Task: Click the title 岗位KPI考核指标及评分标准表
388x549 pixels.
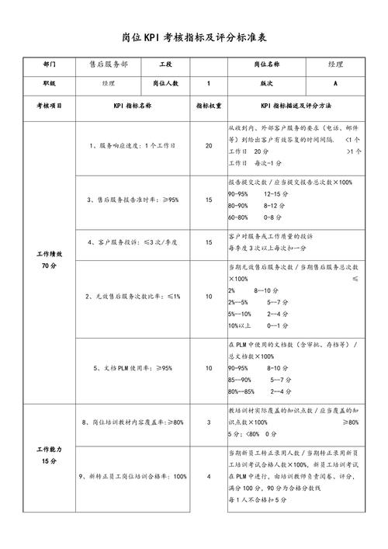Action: click(194, 37)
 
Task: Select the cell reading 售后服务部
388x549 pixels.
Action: click(109, 64)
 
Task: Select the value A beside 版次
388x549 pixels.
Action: click(335, 83)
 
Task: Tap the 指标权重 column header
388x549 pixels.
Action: click(209, 104)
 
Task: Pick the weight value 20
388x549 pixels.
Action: click(209, 146)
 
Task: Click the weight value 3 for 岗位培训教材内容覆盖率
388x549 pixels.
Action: click(209, 422)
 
